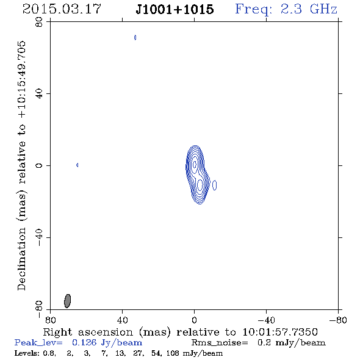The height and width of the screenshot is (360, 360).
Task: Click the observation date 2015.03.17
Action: [x=62, y=9]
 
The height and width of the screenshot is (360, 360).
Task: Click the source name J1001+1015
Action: [x=175, y=9]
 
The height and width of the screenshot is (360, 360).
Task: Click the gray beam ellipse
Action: [x=67, y=301]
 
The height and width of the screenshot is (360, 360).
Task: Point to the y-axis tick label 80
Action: [x=39, y=22]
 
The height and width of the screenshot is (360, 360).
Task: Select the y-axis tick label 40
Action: [x=39, y=94]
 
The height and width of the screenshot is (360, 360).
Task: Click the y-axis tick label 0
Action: [x=39, y=165]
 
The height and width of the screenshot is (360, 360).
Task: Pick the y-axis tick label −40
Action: [x=39, y=237]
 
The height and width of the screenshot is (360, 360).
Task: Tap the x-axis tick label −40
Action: [x=266, y=320]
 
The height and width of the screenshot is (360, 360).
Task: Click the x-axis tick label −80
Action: [x=338, y=320]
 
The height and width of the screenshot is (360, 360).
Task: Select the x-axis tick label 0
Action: [x=194, y=320]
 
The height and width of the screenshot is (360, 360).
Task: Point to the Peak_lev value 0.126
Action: [x=84, y=342]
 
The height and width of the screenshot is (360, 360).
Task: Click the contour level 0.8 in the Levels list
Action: [x=49, y=353]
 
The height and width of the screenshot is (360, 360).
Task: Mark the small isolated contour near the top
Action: [x=135, y=37]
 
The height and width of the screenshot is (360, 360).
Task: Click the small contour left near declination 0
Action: [x=77, y=165]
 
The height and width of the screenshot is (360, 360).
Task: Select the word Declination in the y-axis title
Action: [x=21, y=259]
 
